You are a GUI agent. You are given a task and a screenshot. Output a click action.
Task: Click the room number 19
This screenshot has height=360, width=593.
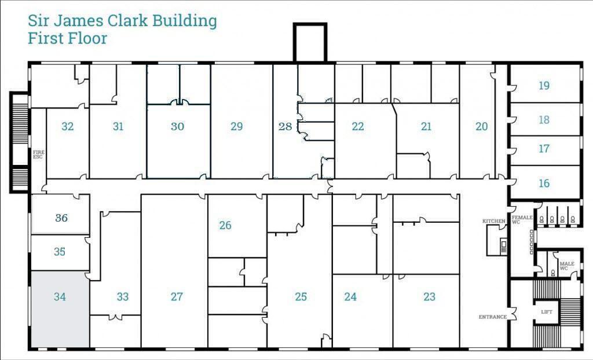click(x=544, y=86)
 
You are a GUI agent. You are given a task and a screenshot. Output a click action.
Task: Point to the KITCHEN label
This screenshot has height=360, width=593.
click(x=493, y=221)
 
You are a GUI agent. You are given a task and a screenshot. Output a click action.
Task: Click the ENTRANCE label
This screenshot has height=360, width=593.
click(x=492, y=317)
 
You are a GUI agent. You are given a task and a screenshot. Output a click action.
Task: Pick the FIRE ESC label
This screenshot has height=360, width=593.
click(x=38, y=155)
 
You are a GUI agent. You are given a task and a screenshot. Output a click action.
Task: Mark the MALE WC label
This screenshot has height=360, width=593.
click(x=566, y=266)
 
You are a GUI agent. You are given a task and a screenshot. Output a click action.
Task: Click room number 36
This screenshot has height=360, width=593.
click(x=61, y=218)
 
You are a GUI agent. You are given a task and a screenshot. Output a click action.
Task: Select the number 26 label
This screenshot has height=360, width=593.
click(x=225, y=225)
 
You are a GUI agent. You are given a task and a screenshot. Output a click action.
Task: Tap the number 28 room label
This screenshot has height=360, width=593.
click(x=285, y=126)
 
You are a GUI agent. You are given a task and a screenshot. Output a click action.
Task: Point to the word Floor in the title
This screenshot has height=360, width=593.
click(x=87, y=39)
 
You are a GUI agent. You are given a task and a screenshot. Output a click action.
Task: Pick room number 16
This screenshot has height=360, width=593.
click(x=544, y=183)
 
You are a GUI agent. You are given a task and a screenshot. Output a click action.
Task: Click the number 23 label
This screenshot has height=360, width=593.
click(x=429, y=297)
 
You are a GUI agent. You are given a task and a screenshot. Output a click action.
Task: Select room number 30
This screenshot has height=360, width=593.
click(x=177, y=126)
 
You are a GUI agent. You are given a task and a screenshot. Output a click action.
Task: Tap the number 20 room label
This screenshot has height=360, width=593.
click(x=481, y=126)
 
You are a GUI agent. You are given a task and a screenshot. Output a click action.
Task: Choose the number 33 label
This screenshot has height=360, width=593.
click(x=122, y=297)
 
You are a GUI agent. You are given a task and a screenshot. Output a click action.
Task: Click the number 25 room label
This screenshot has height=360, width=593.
click(x=301, y=297)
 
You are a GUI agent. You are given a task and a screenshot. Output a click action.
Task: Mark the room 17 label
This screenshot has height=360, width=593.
click(x=544, y=149)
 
